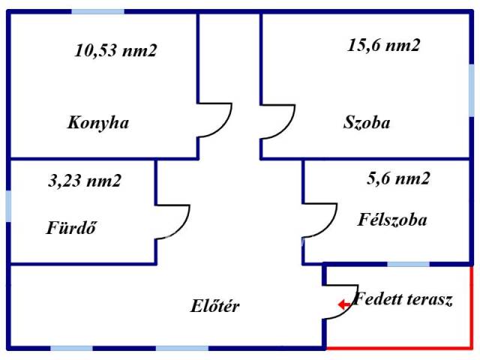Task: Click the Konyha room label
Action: click(x=97, y=123)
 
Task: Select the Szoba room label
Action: click(x=367, y=122)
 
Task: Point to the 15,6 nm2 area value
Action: click(x=383, y=45)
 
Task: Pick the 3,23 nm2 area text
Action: click(x=84, y=180)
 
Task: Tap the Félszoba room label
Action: click(x=392, y=220)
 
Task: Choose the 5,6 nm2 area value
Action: click(x=398, y=178)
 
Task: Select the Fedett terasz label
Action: click(x=403, y=301)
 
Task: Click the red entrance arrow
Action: click(x=343, y=304)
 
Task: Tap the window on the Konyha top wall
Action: click(x=99, y=12)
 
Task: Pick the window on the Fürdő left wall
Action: click(x=8, y=207)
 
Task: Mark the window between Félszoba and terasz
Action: click(x=409, y=264)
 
